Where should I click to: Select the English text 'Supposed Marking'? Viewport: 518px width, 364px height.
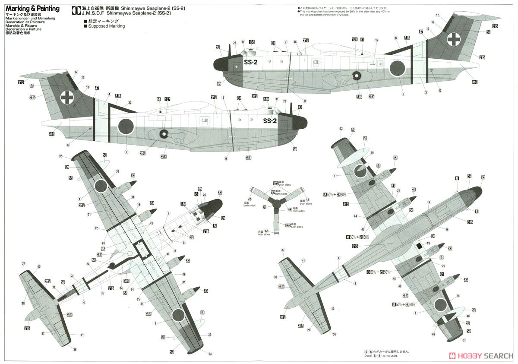pyautogui.click(x=106, y=26)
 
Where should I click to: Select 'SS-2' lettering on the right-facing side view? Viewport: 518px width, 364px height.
pyautogui.click(x=269, y=121)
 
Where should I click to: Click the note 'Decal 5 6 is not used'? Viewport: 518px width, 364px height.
pyautogui.click(x=380, y=355)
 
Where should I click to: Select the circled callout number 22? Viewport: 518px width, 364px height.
pyautogui.click(x=96, y=228)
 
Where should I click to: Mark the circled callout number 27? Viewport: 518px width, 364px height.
pyautogui.click(x=43, y=333)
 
